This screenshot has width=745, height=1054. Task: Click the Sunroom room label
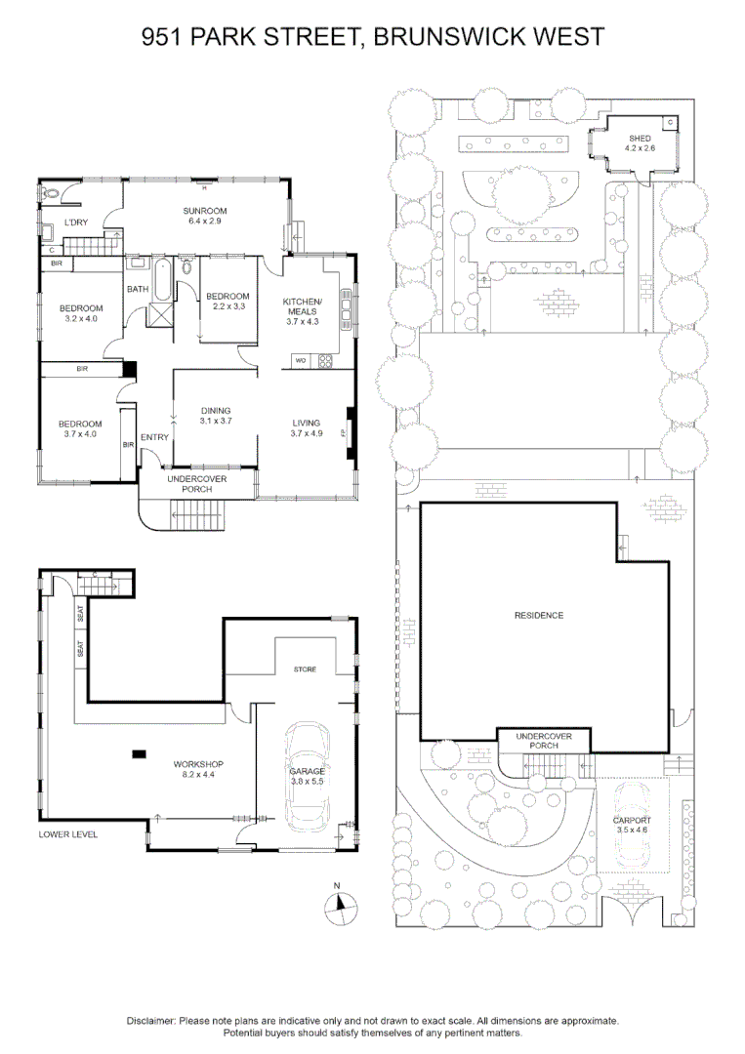(x=205, y=215)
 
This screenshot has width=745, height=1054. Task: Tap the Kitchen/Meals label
(x=303, y=311)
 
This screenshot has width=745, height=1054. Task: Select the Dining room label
(x=216, y=416)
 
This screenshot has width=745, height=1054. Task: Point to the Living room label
(x=306, y=427)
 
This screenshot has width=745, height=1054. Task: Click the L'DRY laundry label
(x=76, y=223)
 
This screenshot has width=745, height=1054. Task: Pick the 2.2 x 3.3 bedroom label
(x=228, y=302)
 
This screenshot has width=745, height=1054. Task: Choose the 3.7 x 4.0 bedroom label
(x=80, y=428)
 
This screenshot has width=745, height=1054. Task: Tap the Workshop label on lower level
(x=198, y=769)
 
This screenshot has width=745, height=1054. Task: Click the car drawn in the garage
(x=307, y=777)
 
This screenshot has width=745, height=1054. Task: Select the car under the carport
(x=632, y=825)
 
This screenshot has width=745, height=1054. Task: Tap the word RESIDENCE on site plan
(x=539, y=615)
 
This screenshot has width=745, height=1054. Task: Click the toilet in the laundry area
(x=48, y=193)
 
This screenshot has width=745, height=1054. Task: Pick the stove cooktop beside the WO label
(x=325, y=361)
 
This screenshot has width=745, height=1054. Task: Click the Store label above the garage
(x=305, y=669)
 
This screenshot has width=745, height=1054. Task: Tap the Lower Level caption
(x=68, y=834)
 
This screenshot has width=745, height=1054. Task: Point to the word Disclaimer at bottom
(x=151, y=1021)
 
